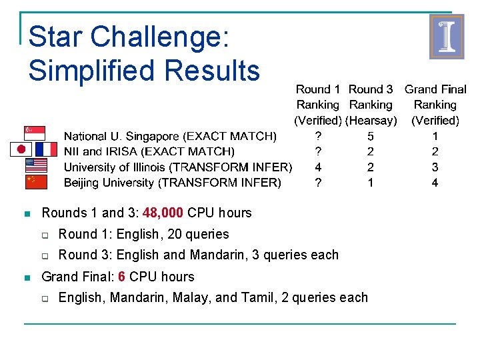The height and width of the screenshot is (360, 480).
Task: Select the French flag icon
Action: tap(46, 149)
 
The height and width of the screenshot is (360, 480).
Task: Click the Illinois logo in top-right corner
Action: tap(446, 37)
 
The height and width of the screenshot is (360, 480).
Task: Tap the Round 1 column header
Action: tap(318, 89)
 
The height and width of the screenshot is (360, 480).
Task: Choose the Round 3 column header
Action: tap(371, 89)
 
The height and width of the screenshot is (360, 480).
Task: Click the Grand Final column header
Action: tap(435, 89)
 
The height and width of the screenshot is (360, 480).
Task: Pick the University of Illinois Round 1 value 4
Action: tap(318, 167)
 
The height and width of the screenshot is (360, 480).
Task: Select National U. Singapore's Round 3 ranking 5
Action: tap(371, 137)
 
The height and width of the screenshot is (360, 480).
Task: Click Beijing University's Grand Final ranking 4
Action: tap(435, 183)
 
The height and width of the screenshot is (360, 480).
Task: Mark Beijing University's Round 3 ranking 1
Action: tap(371, 183)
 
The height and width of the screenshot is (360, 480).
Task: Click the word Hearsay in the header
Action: tap(371, 121)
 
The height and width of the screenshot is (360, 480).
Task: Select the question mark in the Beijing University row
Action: tap(318, 183)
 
